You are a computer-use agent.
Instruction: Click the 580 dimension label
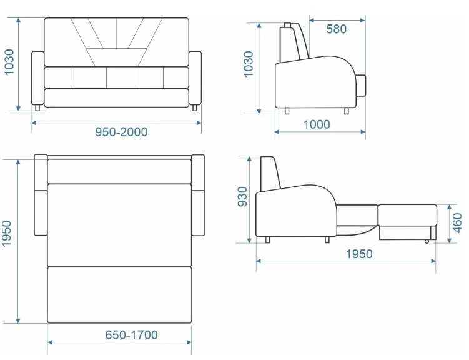coord(336,29)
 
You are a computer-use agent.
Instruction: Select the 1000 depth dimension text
coord(317,124)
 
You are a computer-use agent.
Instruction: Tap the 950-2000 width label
coord(121,132)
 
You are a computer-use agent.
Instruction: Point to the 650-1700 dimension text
coord(131,335)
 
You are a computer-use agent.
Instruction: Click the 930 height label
coord(242,197)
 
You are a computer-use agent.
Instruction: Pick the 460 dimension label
coord(457,223)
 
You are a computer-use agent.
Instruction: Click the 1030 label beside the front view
coord(9,62)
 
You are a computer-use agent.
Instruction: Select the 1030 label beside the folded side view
coord(249,64)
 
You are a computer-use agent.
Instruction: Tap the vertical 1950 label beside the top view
coord(6,234)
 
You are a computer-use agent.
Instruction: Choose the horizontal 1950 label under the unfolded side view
coord(359,254)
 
